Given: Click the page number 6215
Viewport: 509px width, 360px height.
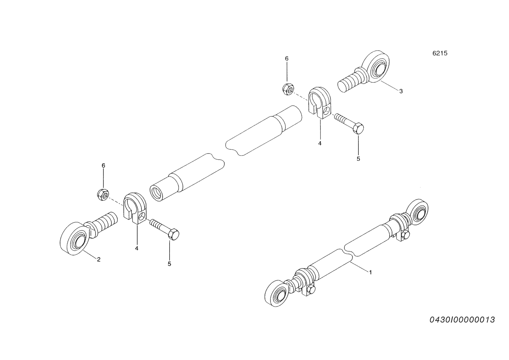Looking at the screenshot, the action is pos(440,53).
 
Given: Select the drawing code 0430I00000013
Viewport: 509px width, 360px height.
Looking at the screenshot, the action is pos(462,320).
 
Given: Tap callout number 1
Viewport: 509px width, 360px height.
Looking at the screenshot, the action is pos(370,272).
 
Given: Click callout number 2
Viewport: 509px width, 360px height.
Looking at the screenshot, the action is pos(99,259).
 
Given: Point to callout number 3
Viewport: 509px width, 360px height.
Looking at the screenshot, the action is pos(401,91).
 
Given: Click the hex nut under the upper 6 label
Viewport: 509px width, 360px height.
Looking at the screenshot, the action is pos(289,89).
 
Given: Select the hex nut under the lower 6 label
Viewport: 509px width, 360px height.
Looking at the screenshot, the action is pos(103,195).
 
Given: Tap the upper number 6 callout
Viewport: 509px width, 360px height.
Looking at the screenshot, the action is pos(287,59).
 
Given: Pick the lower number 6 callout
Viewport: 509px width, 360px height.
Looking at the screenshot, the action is pos(103,165).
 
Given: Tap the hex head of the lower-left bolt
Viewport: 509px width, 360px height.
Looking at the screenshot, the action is pos(174,234).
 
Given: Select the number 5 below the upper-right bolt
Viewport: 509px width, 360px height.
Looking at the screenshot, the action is pos(358,159).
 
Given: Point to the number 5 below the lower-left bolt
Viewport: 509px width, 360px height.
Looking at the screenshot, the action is pos(169,264).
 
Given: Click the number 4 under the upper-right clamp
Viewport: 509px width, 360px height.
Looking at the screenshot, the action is pos(320,144).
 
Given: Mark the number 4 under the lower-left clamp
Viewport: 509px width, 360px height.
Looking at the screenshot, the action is pos(137,248).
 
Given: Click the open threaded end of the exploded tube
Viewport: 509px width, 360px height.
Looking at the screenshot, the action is pos(157,193).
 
